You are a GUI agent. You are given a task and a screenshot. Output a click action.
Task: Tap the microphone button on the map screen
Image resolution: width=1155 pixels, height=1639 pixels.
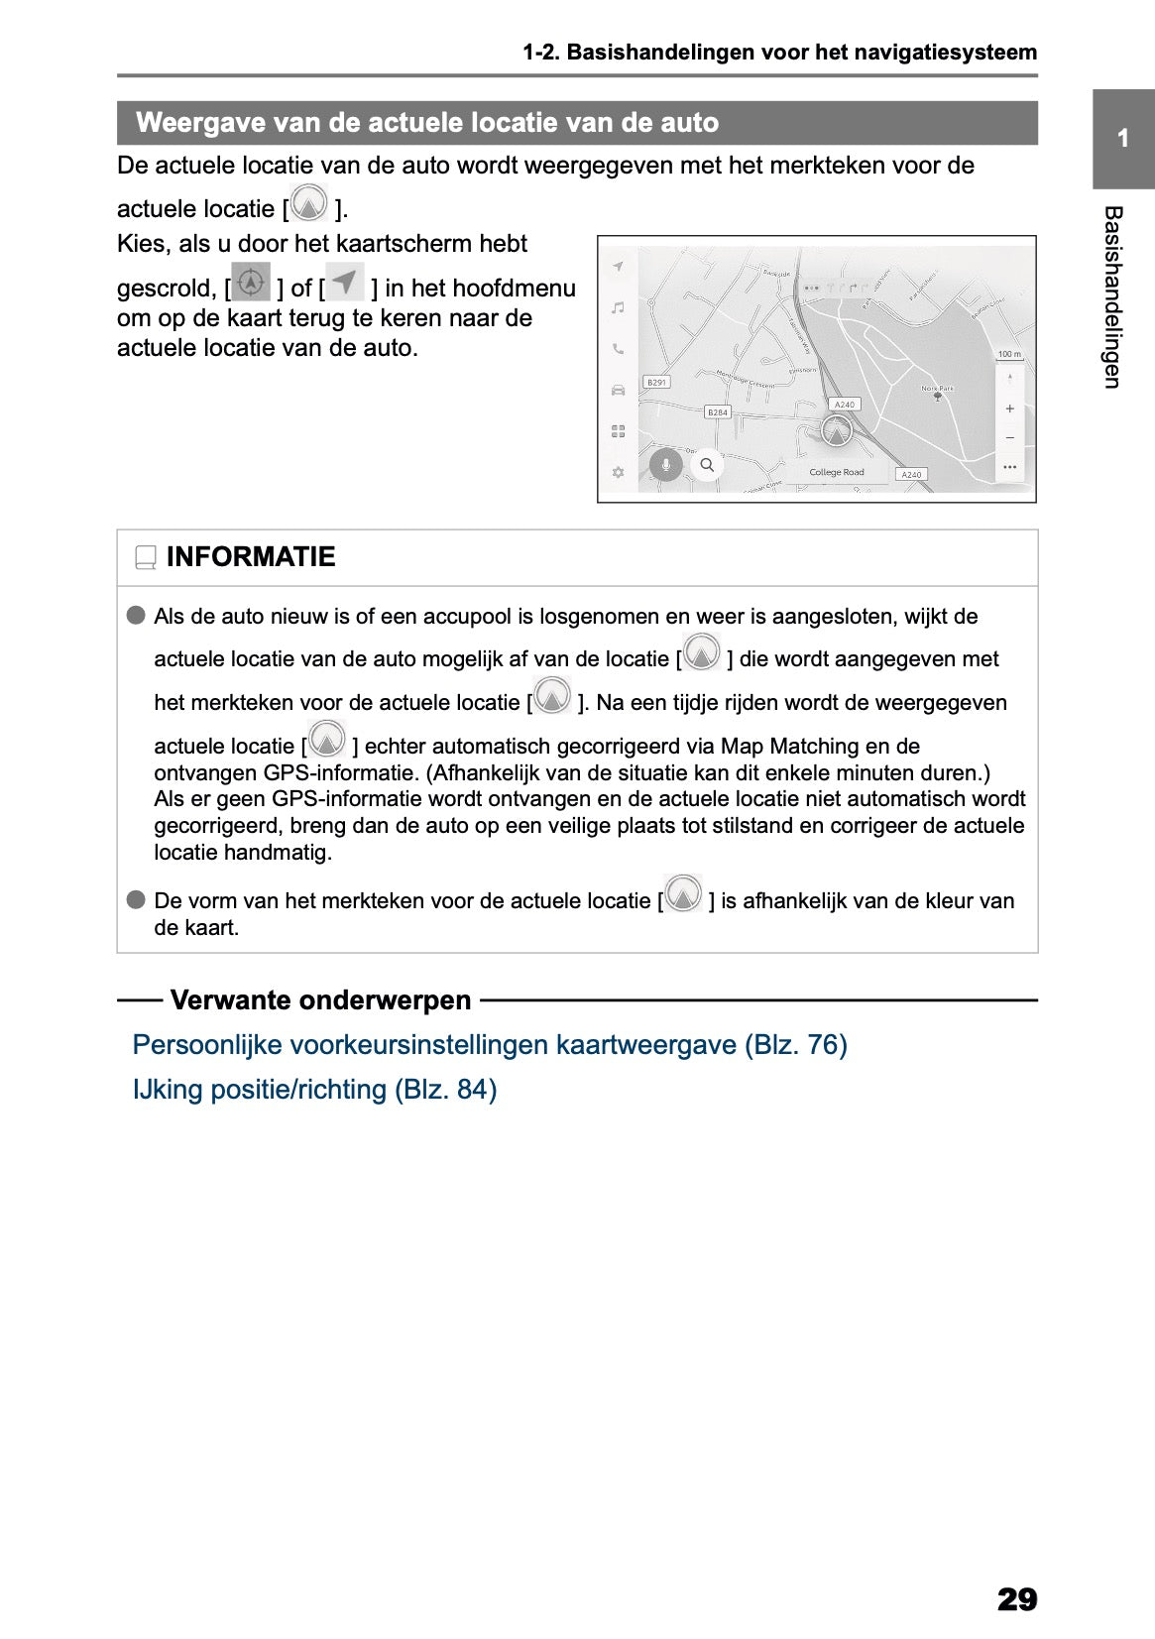[x=666, y=464]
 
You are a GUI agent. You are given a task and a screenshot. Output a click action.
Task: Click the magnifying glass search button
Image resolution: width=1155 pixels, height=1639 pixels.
[x=707, y=464]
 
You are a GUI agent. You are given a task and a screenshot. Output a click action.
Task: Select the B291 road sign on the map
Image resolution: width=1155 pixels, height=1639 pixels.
[x=656, y=382]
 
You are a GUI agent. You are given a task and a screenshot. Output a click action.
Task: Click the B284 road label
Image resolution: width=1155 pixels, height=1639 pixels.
[x=717, y=411]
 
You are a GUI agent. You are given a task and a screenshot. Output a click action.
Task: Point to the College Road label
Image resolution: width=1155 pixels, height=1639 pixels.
[x=836, y=472]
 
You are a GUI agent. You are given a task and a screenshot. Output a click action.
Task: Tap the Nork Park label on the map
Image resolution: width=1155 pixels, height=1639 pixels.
[x=937, y=389]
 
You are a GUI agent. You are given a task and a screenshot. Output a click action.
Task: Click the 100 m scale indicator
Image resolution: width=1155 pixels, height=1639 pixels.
[x=1008, y=354]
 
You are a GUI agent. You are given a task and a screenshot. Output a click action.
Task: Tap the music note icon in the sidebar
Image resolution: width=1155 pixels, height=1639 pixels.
[x=618, y=308]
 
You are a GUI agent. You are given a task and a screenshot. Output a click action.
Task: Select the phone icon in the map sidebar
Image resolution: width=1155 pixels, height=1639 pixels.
[x=618, y=349]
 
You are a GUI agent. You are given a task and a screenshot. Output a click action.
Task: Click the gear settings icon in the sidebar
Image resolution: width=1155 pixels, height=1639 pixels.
[x=618, y=472]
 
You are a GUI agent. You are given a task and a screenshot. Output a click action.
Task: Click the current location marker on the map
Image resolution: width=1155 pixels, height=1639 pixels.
[x=837, y=432]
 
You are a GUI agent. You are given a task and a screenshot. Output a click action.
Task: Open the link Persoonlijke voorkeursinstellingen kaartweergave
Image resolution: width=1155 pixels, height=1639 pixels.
[x=489, y=1044]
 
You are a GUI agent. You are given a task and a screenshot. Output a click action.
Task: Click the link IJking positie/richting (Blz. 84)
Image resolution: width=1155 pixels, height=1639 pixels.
[x=314, y=1089]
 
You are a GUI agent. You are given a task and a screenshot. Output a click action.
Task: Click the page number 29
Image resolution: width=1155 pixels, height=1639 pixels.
[x=1016, y=1598]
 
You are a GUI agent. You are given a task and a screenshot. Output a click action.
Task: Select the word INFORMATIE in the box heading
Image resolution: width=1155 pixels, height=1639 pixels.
[x=251, y=557]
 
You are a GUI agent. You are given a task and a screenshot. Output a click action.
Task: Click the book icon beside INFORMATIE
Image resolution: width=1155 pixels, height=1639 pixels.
[x=146, y=558]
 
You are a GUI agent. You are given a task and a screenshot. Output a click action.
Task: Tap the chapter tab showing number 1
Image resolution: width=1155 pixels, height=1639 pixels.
[x=1122, y=139]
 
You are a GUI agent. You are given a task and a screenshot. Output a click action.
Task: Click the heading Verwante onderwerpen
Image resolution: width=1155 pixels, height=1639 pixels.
[x=320, y=999]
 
